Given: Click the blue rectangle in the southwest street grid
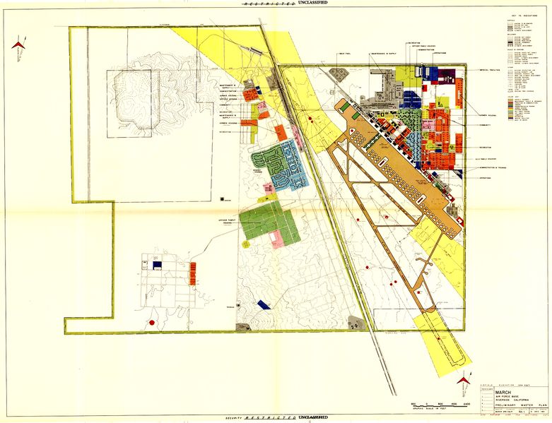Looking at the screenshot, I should (x=158, y=265).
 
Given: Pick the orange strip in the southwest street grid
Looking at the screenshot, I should (x=193, y=273).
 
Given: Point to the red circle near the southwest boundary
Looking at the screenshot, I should (x=151, y=323).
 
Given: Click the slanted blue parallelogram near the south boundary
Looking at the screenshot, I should (x=264, y=304).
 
